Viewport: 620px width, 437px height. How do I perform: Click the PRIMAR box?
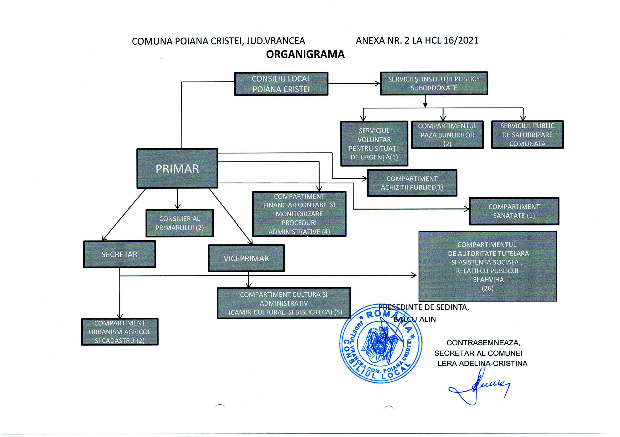[177, 168]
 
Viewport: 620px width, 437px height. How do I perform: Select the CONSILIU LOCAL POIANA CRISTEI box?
[281, 84]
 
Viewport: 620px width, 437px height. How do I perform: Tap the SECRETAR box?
[119, 254]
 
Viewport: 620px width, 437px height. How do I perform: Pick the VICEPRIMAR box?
[246, 258]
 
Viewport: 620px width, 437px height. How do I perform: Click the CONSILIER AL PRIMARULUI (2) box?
[179, 223]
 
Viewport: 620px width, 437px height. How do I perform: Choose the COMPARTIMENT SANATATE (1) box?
[514, 211]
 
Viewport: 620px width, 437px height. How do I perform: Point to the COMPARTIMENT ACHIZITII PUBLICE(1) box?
[412, 183]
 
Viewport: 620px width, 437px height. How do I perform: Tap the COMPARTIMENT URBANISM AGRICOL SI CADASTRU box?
[120, 332]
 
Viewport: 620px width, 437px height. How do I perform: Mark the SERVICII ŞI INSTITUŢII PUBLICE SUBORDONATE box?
[434, 83]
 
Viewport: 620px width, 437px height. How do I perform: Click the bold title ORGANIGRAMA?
[305, 54]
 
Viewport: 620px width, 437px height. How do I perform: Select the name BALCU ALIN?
[415, 319]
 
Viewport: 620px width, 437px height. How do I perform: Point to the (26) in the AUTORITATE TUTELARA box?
[488, 288]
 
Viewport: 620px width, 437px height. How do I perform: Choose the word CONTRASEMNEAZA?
[483, 343]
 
